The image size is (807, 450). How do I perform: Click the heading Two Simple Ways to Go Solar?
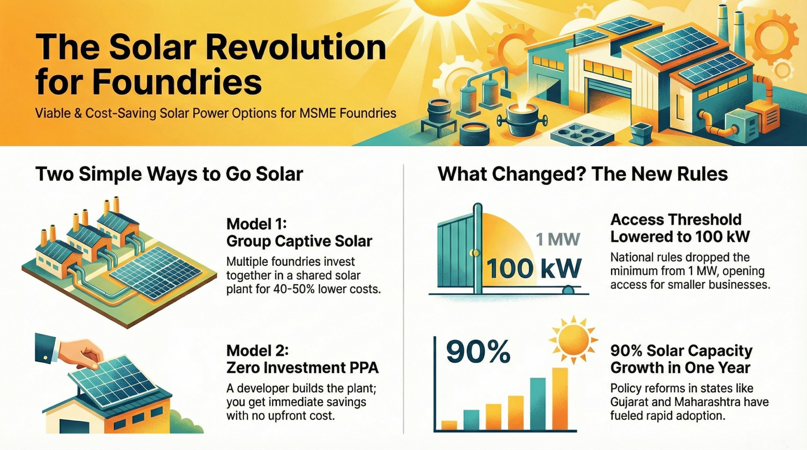(x=169, y=174)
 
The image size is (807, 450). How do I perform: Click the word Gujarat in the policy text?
(x=632, y=402)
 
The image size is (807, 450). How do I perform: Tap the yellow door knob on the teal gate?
(x=474, y=253)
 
